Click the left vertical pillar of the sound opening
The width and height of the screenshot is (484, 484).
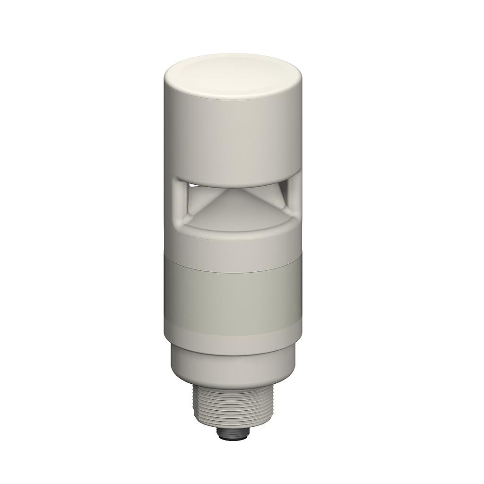point(179,201)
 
